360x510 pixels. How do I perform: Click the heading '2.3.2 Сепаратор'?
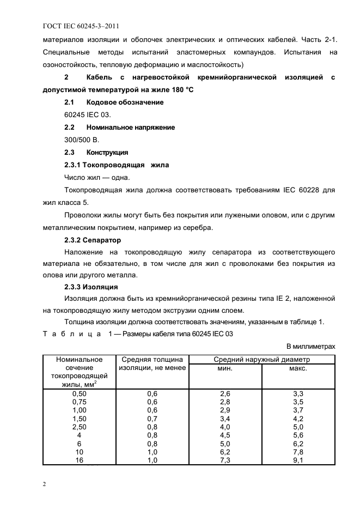click(93, 240)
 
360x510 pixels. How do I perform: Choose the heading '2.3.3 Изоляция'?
click(91, 287)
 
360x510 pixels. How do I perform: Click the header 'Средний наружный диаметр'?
click(261, 360)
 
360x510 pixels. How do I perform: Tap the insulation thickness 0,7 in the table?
click(152, 418)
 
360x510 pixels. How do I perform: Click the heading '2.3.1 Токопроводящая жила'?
click(117, 165)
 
